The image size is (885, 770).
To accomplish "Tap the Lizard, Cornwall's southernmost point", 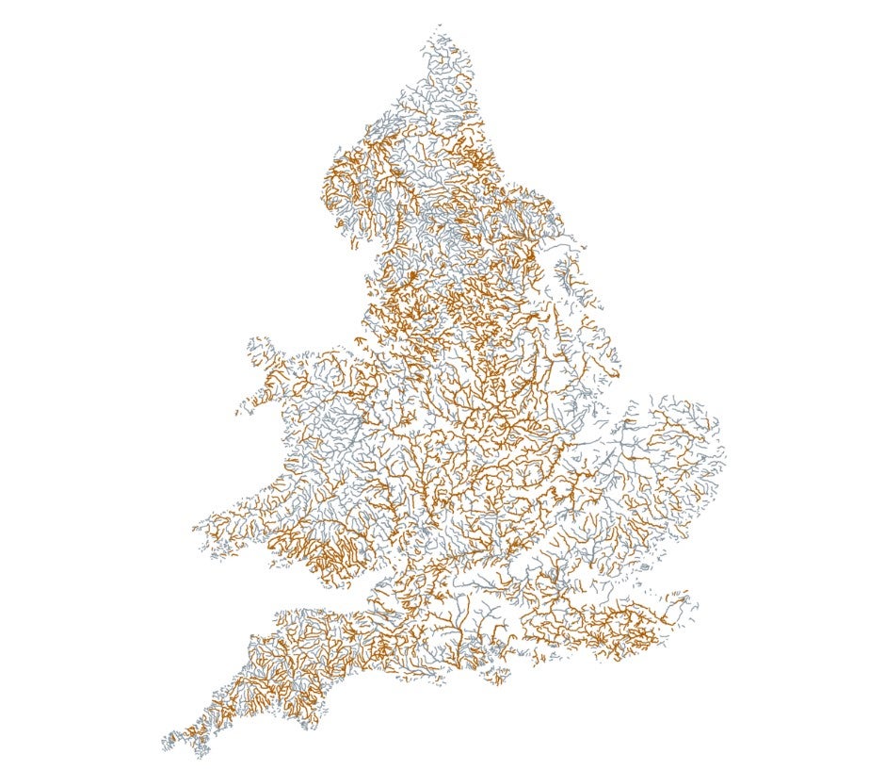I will point(201,756).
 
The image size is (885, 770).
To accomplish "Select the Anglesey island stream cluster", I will point(261,350).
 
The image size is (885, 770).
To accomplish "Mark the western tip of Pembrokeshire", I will point(196,529).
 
